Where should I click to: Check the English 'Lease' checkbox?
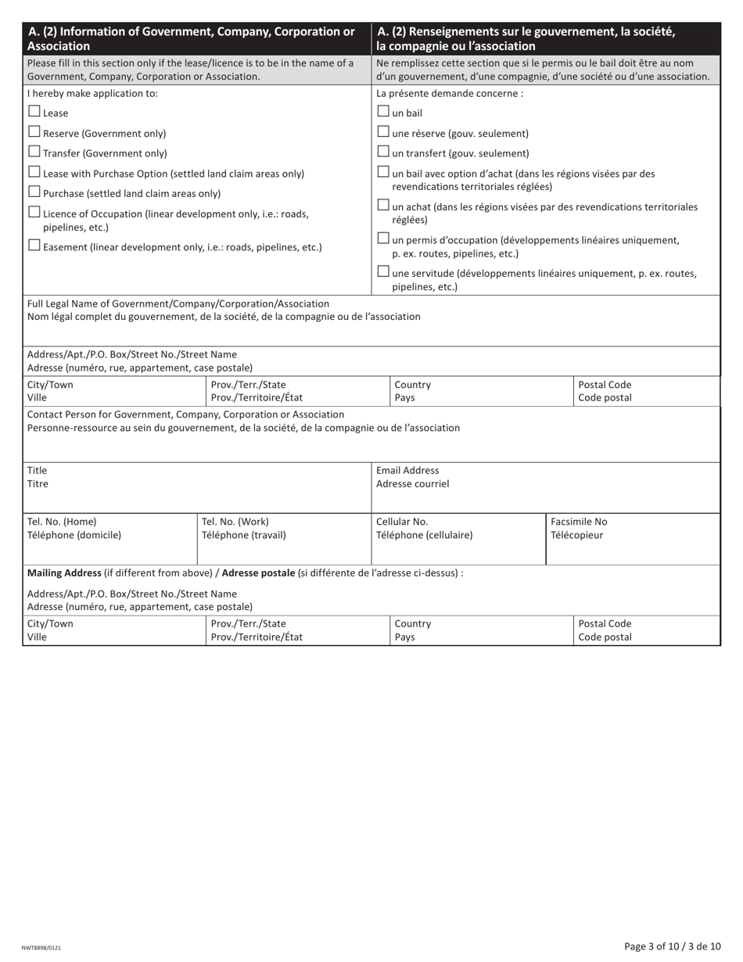[x=34, y=112]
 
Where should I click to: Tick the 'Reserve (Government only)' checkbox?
[x=34, y=132]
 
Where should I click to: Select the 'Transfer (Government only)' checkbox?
[x=34, y=152]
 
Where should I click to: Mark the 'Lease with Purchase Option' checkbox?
[x=34, y=172]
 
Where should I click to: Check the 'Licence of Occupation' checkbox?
[x=34, y=212]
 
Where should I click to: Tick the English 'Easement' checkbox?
[x=34, y=246]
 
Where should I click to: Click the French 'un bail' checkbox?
[x=383, y=112]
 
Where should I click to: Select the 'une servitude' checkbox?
[x=383, y=272]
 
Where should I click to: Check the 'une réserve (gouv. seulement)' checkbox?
[x=383, y=132]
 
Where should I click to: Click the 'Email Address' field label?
[x=407, y=471]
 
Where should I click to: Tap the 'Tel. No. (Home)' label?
[x=62, y=522]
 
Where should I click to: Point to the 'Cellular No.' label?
[x=402, y=522]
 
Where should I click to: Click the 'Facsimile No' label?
[x=579, y=522]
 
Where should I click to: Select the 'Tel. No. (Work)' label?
[x=235, y=522]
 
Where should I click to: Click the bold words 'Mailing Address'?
[x=64, y=573]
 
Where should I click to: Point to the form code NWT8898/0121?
[x=41, y=947]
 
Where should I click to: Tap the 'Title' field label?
[x=38, y=471]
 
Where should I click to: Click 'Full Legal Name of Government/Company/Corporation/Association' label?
[x=178, y=303]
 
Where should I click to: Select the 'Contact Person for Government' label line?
[x=185, y=415]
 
